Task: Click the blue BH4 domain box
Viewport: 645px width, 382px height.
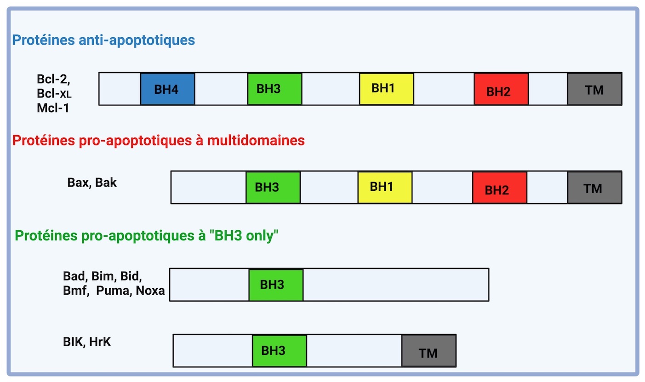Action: [x=167, y=89]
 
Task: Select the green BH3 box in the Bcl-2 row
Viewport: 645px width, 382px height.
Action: [x=275, y=89]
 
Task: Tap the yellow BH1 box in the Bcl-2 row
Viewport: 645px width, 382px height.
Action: [x=387, y=89]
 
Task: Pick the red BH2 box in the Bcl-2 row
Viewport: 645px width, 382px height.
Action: [x=501, y=89]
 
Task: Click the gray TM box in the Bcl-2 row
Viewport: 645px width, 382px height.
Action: [x=594, y=89]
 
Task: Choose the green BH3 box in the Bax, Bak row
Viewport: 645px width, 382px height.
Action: [x=273, y=188]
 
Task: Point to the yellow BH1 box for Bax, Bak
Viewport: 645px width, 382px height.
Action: [x=385, y=188]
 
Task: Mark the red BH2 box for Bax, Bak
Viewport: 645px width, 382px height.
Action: [x=500, y=188]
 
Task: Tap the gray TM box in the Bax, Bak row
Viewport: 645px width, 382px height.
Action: [x=594, y=188]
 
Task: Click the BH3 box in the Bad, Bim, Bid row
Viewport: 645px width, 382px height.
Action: [x=276, y=285]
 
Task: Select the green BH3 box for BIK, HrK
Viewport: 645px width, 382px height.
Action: [x=280, y=351]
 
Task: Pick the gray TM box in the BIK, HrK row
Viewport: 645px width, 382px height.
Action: [x=429, y=351]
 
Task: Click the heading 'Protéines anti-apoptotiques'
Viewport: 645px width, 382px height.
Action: [x=103, y=40]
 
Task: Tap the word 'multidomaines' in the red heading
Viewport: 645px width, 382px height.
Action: [x=256, y=141]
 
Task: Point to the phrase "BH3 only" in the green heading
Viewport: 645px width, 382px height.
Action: [x=244, y=236]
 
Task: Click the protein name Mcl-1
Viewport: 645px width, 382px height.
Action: [x=53, y=108]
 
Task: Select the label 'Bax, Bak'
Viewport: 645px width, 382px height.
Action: [x=92, y=182]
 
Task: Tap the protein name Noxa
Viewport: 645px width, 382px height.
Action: [x=150, y=291]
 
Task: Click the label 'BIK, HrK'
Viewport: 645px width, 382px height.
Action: [x=87, y=342]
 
